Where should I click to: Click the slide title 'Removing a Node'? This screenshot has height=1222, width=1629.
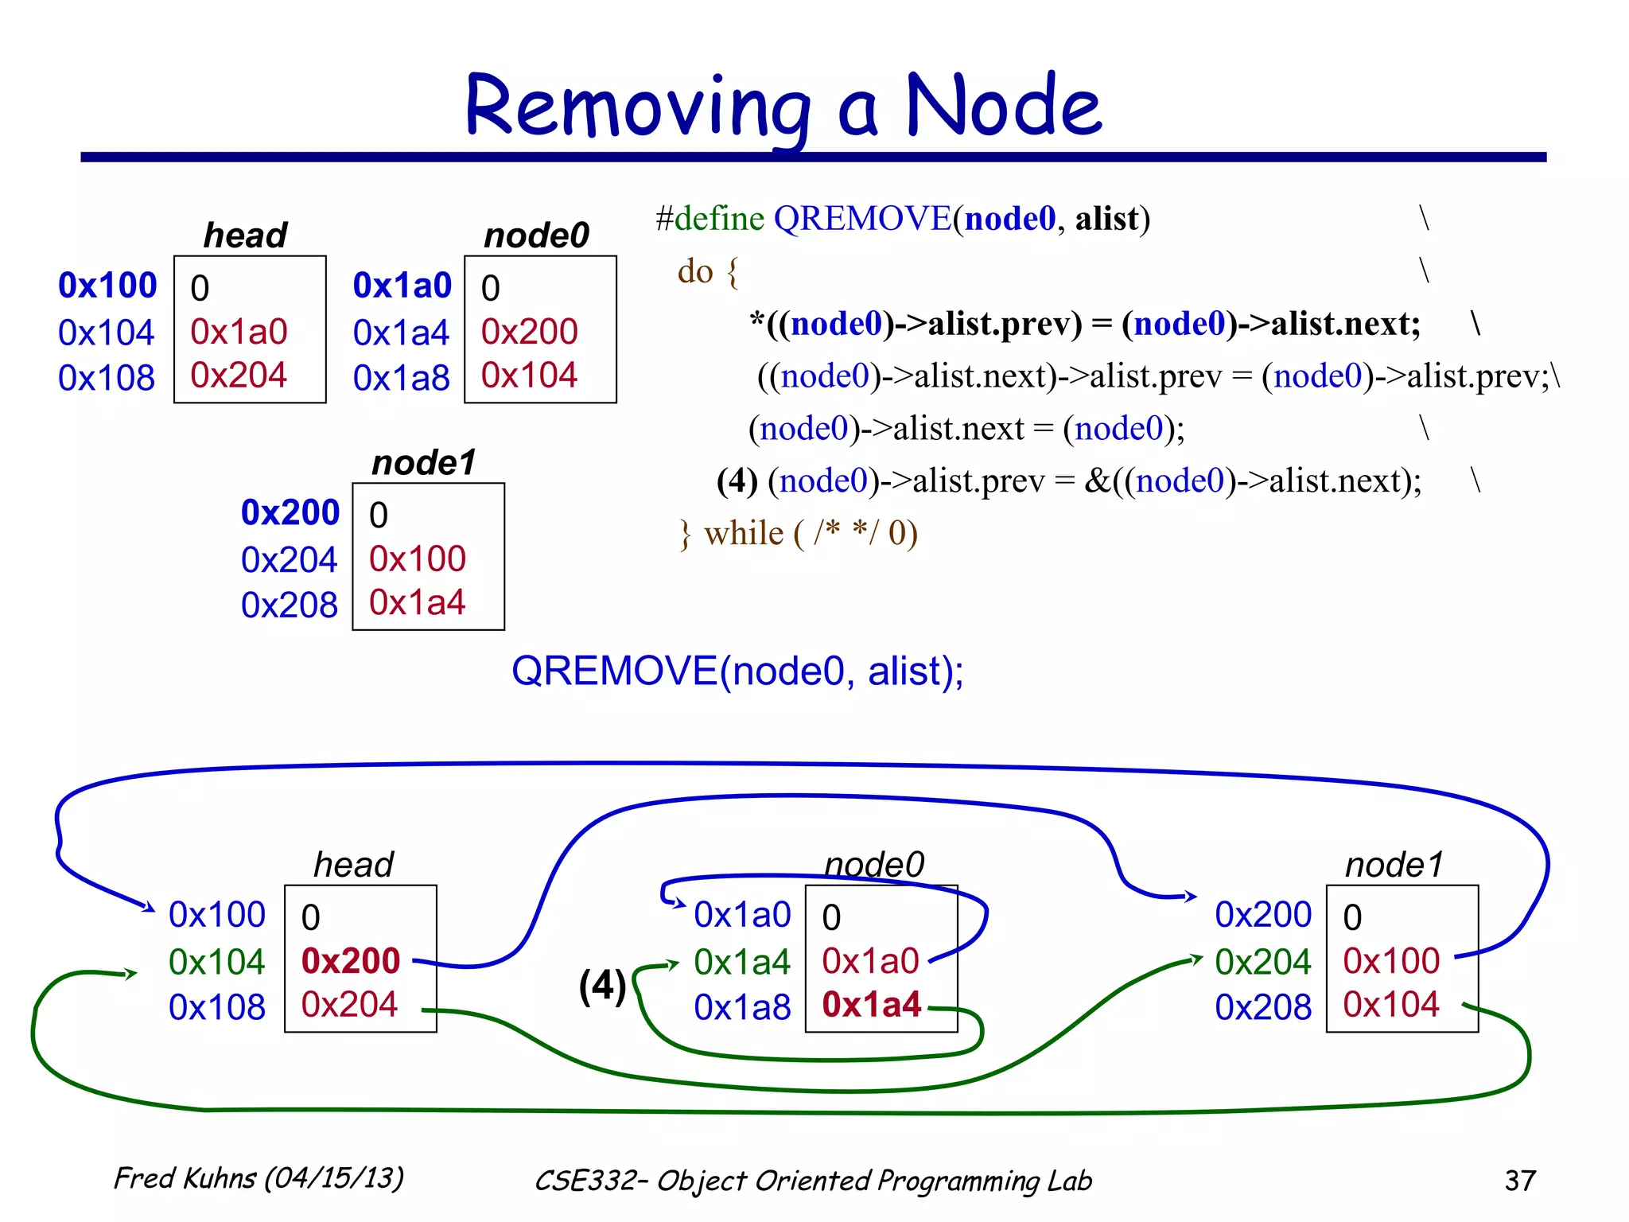coord(783,106)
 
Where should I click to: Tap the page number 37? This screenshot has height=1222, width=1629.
coord(1520,1180)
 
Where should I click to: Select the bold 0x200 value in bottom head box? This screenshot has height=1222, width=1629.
coord(350,961)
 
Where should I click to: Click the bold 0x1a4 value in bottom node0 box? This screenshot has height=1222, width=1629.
coord(872,1005)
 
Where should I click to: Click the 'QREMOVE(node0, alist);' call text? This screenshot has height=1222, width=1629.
coord(737,671)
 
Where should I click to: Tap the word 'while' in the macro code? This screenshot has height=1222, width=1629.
coord(744,533)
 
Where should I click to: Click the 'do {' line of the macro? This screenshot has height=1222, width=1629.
coord(707,272)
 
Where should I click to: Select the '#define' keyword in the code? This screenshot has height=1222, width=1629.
coord(710,219)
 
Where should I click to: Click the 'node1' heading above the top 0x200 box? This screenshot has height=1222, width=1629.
coord(423,462)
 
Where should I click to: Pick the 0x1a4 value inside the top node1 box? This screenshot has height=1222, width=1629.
coord(417,603)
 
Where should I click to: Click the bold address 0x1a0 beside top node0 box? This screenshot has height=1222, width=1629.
coord(402,286)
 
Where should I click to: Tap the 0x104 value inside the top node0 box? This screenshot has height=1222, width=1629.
coord(529,376)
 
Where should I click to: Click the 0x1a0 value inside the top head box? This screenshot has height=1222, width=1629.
coord(239,332)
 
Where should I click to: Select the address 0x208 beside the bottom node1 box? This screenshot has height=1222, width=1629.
coord(1262,1007)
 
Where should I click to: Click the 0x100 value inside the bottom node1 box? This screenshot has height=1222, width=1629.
coord(1390,961)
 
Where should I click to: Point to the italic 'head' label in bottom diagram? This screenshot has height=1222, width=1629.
coord(353,865)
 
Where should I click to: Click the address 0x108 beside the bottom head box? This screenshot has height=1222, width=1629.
coord(216,1007)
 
